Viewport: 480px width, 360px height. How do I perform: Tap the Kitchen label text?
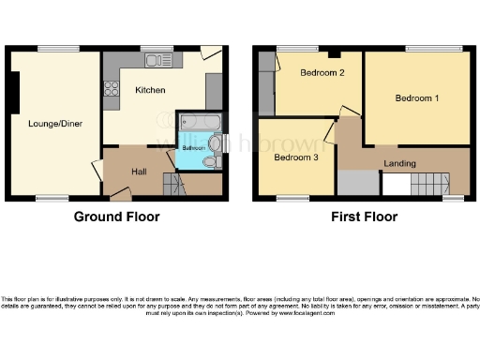point(150,91)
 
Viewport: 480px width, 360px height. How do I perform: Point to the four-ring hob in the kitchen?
point(112,90)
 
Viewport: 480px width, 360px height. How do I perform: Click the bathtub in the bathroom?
point(200,122)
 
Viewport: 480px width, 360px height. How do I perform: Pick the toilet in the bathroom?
point(210,162)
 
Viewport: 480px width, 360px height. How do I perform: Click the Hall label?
point(138,172)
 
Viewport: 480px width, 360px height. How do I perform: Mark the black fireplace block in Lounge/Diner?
point(14,95)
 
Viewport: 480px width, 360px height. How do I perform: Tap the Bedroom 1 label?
point(414,98)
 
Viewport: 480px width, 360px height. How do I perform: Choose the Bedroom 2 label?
point(317,73)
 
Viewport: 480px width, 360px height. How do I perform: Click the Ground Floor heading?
point(116,217)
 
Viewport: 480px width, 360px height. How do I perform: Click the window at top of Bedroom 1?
point(434,49)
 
